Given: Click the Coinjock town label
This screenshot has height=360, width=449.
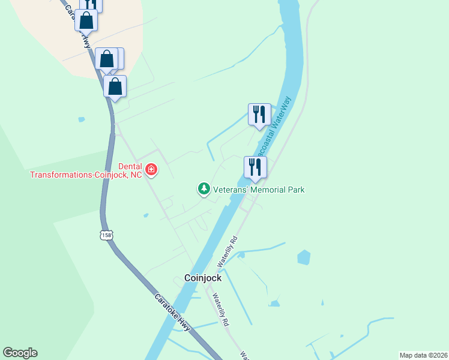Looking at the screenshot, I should point(202,278).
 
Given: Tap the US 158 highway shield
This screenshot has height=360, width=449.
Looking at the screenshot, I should point(106,235).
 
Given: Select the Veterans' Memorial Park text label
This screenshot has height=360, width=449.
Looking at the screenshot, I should point(259,190).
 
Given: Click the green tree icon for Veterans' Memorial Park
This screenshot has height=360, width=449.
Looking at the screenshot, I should point(204,189).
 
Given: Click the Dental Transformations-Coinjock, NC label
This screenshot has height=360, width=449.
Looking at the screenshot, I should point(86,170).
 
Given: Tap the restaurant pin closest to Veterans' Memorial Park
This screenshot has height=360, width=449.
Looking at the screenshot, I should point(255,167).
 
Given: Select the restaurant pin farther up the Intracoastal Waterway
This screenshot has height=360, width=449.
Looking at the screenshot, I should point(259,114).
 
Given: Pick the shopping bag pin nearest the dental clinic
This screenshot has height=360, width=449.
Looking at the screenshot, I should point(115,86).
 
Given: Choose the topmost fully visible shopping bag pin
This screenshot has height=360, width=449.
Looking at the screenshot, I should point(86,20).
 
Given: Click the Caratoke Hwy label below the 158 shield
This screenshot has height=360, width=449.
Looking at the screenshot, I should point(172,313).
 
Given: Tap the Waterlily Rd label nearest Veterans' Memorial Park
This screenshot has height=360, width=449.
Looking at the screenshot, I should point(228,250).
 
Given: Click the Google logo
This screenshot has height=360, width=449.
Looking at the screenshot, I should point(20,353).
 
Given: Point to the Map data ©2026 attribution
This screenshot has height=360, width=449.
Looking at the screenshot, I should point(423,355).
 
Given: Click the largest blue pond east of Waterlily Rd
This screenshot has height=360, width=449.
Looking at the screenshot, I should point(304,257).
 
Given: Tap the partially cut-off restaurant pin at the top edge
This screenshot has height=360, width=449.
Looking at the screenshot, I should point(91,4).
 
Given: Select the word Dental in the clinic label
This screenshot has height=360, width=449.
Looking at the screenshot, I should point(129,166).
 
